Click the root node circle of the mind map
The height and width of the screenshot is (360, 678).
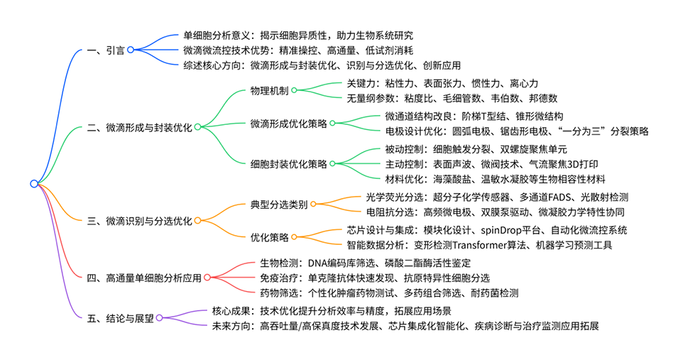click(33, 183)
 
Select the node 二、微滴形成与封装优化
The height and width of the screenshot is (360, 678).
click(138, 127)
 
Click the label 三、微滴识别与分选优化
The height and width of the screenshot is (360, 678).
click(138, 221)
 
